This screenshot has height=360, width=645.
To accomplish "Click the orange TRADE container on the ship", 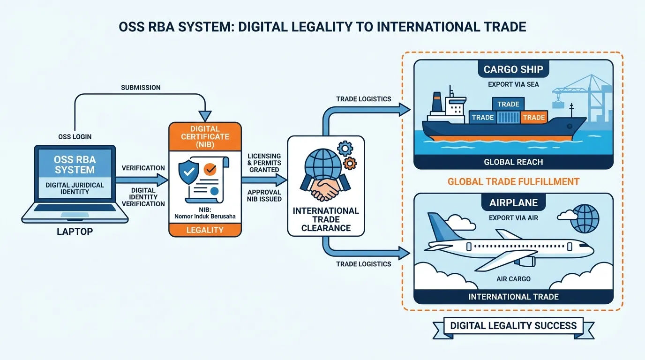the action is (x=534, y=118).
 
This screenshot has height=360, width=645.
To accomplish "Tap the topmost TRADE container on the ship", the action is (x=508, y=104).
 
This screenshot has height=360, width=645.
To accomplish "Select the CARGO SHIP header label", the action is (x=513, y=69).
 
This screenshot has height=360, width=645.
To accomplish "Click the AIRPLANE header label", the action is (x=513, y=202).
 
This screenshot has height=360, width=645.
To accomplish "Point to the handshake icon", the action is (x=325, y=187).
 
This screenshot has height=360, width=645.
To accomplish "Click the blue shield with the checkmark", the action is (x=188, y=172).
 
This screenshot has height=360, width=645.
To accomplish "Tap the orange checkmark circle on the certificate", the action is (x=210, y=169).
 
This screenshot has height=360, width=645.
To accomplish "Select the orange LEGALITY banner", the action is (x=205, y=230).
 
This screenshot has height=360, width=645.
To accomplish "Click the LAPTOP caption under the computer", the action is (x=75, y=232).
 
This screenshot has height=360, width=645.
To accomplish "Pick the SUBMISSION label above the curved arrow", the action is (x=141, y=88).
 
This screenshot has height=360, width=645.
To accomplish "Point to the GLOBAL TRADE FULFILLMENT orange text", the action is (x=513, y=182).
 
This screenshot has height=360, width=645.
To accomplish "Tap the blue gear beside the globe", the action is (x=345, y=148).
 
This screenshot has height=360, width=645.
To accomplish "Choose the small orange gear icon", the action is (x=350, y=163).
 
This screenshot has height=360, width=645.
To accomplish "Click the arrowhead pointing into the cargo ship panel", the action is (x=405, y=109).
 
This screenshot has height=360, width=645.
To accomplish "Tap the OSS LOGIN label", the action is (x=75, y=137).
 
